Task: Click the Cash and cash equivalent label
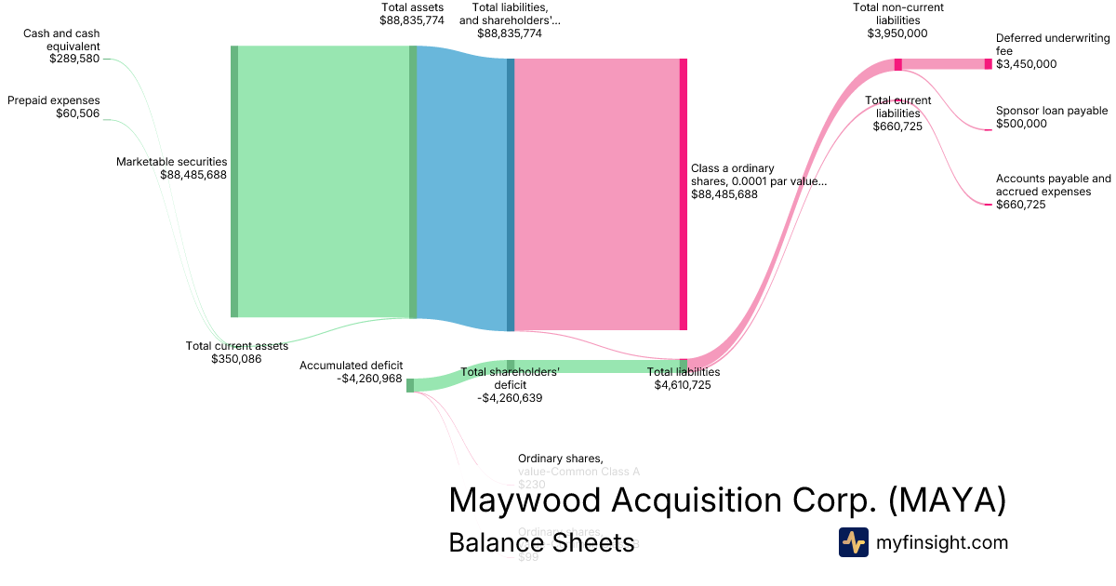point(61,40)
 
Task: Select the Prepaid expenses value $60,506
point(77,113)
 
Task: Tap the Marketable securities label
point(171,162)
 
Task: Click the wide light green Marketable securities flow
point(323,181)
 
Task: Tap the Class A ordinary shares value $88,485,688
point(724,194)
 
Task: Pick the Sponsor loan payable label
point(1052,111)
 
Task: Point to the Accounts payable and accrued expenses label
point(1053,185)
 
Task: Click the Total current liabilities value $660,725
point(897,127)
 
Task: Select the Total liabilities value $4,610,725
point(683,384)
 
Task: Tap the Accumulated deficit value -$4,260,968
point(369,379)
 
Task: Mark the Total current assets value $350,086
point(236,358)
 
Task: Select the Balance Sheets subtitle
point(541,543)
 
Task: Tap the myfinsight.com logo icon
point(853,542)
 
